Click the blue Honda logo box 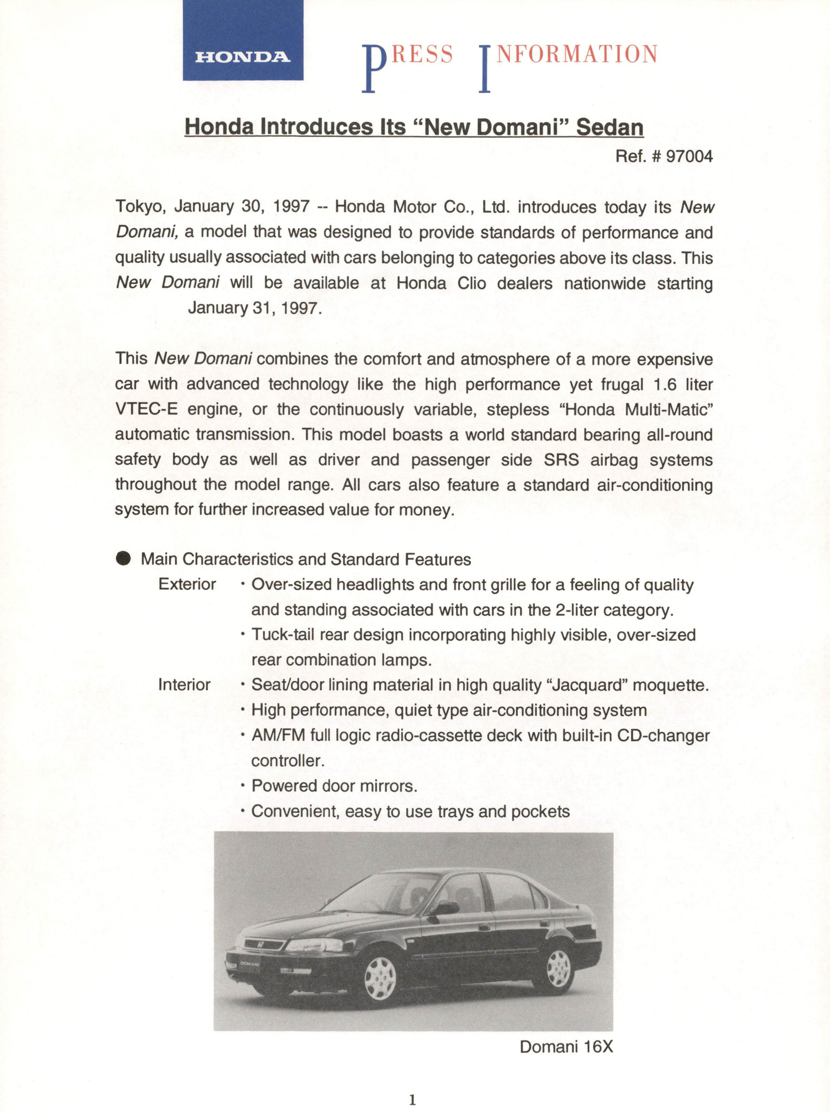[243, 40]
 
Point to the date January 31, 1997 [254, 308]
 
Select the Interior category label [184, 685]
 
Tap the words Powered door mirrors [334, 786]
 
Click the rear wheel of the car [558, 968]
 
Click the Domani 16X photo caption [566, 1047]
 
